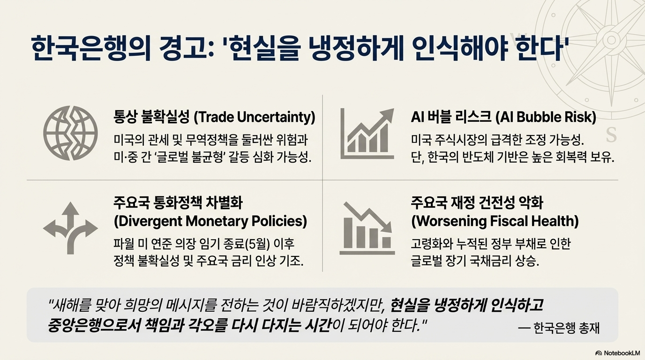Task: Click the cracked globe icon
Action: coord(70,133)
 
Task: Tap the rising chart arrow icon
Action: coord(367,134)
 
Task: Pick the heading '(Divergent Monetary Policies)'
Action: coord(210,221)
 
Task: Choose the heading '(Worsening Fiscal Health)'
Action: coord(495,221)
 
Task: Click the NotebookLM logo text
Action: coord(619,353)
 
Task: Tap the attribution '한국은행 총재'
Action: coord(566,328)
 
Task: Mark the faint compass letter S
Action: coord(611,135)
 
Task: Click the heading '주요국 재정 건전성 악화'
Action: coord(477,203)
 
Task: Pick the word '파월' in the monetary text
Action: coord(123,244)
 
